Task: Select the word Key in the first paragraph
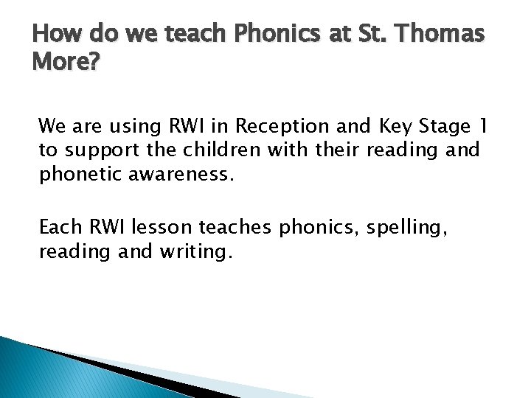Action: point(392,127)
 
